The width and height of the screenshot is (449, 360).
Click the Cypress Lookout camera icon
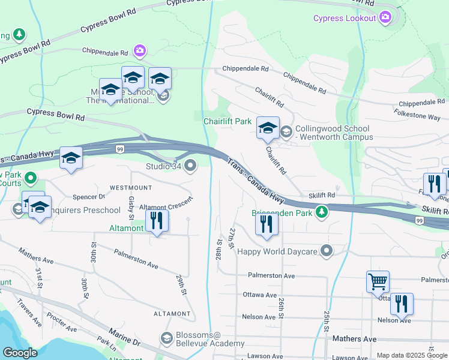(385, 18)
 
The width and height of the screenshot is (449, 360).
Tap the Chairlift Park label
(226, 121)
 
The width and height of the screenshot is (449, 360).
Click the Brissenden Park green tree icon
(322, 212)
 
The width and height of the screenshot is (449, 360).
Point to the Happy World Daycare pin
(327, 251)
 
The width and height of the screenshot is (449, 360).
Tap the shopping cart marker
(378, 281)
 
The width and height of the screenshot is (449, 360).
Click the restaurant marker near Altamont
(157, 220)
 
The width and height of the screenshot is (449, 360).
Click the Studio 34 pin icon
(191, 166)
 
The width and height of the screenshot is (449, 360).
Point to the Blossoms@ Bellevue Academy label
(210, 339)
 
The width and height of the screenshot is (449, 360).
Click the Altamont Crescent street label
(166, 203)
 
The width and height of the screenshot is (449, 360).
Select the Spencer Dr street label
(88, 197)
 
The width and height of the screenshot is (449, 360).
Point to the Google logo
(20, 352)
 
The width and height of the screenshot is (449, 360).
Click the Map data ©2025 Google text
(411, 355)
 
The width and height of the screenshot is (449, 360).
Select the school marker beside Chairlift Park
(268, 128)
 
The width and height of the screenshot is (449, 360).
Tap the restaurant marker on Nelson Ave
(401, 304)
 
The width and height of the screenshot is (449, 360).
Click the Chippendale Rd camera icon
(140, 50)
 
